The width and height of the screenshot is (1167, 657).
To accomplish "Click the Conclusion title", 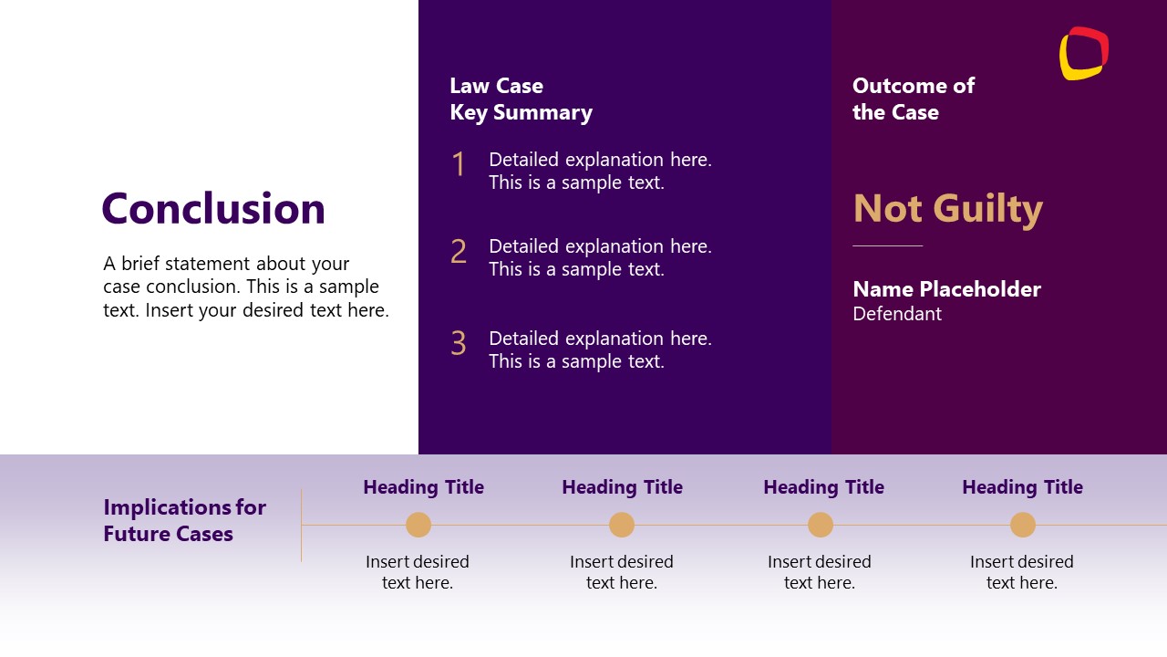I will tap(213, 209).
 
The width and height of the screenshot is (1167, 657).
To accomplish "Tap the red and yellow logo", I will tap(1083, 53).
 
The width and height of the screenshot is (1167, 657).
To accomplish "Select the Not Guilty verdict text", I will tap(947, 209).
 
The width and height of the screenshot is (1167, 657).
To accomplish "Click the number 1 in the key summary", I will tap(459, 165).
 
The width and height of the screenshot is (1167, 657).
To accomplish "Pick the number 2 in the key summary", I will tap(459, 252).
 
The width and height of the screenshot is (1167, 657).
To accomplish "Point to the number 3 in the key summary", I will tap(459, 344).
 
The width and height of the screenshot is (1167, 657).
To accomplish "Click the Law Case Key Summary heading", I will tap(521, 99).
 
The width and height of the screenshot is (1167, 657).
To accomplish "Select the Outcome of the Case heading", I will tap(913, 99).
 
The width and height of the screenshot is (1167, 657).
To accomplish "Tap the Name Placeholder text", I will tap(946, 289).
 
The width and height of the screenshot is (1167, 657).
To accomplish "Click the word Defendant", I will tap(897, 314).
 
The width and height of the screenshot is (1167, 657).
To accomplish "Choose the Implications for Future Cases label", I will tap(184, 520).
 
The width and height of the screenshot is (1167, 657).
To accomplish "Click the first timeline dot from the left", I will tap(418, 525).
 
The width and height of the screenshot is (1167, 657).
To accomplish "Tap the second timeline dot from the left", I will tap(622, 525).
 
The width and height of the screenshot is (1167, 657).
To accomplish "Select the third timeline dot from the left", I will tap(821, 525).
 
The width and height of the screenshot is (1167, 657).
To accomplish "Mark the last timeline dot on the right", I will tap(1023, 525).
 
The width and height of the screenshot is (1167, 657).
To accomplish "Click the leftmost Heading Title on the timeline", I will tap(423, 487).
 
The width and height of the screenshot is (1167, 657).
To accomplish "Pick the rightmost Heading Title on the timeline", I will tap(1022, 487).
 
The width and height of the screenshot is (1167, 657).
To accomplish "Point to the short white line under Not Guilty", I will tap(887, 245).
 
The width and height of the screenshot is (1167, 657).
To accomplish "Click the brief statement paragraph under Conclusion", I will tap(245, 287).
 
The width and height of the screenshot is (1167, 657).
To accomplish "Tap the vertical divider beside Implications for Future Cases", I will tap(301, 526).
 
